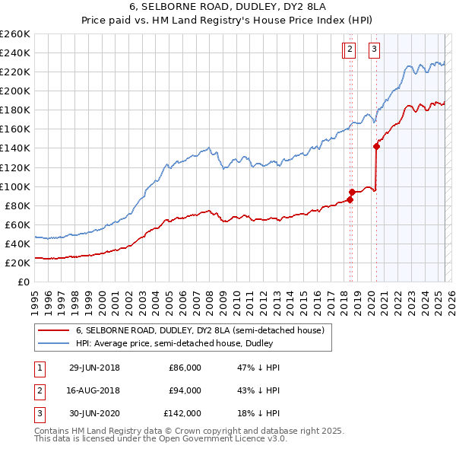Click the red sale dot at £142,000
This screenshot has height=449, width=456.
tap(377, 146)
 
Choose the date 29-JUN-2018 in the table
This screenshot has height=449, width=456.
tap(94, 368)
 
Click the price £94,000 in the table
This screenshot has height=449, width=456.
tap(185, 390)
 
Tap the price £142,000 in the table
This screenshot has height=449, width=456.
tap(182, 413)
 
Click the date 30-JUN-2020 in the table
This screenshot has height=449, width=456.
tap(94, 413)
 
